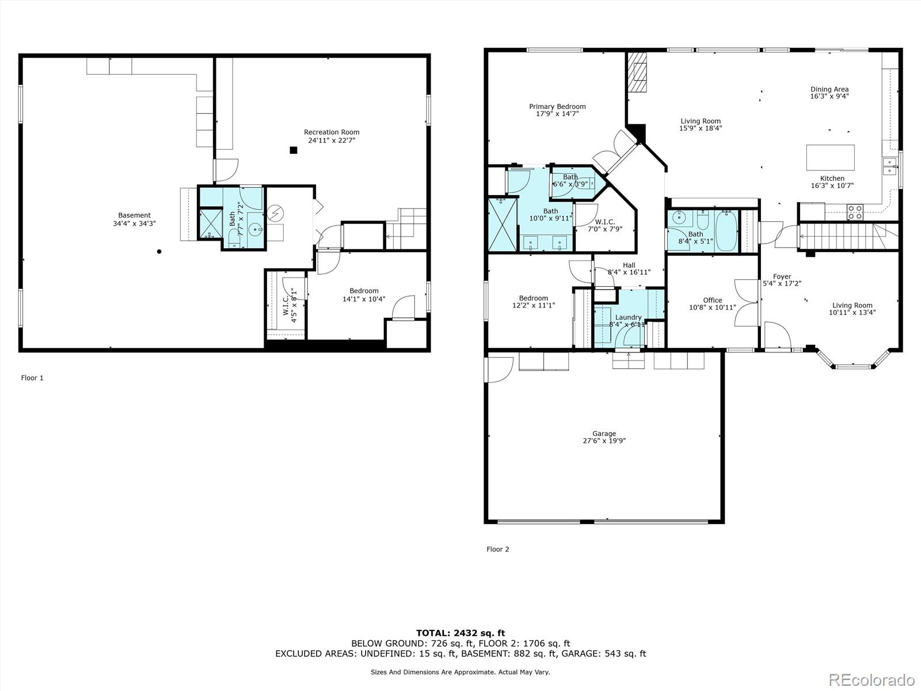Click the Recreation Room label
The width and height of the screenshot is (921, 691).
332,132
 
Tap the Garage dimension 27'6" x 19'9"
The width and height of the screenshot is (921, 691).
604,441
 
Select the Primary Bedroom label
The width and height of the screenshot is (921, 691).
557,107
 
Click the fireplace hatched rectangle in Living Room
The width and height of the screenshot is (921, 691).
637,72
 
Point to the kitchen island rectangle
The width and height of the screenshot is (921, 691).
830,157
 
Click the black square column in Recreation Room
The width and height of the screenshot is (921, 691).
294,150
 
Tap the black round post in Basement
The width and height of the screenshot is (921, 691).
159,252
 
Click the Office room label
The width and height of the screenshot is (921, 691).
712,300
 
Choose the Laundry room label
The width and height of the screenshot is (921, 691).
628,317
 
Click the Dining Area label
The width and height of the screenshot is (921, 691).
829,89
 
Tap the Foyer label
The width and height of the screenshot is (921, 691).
782,276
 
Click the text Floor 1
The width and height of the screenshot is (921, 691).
32,378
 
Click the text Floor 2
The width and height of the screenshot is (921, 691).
498,549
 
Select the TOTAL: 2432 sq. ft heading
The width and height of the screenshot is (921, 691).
461,633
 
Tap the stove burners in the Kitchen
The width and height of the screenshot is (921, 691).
854,212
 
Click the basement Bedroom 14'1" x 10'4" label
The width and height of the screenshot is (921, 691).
364,291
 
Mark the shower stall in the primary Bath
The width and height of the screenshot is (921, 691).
503,225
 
